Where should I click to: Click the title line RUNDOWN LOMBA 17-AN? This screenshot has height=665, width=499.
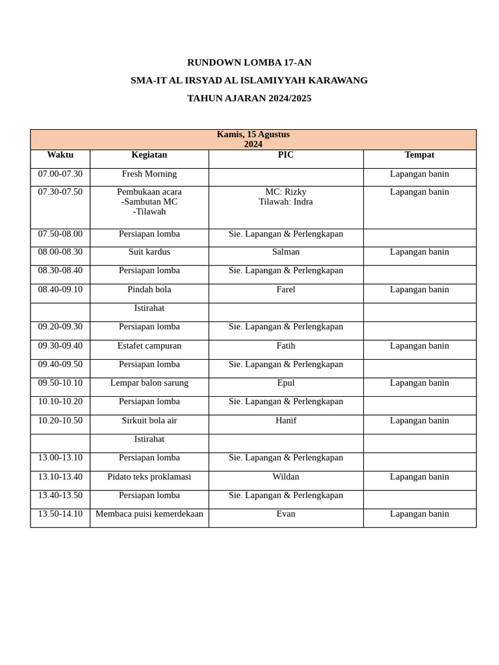[x=249, y=62]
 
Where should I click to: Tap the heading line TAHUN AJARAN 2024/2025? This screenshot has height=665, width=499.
[x=249, y=98]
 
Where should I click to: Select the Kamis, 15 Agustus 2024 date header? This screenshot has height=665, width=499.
[x=253, y=139]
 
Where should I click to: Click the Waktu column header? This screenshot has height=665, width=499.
[x=60, y=155]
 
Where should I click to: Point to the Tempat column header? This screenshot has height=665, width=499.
[x=419, y=155]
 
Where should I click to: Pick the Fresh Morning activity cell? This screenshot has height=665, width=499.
[x=149, y=174]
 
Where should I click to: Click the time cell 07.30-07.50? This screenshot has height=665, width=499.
[x=60, y=192]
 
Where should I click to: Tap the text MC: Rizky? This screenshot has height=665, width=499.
[x=285, y=192]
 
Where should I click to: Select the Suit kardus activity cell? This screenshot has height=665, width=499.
[x=149, y=252]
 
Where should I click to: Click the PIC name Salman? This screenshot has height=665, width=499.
[x=285, y=252]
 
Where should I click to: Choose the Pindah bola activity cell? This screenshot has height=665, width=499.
[x=149, y=290]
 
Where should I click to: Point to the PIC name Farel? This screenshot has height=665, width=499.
[x=285, y=290]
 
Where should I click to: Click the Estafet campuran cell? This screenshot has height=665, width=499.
[x=149, y=346]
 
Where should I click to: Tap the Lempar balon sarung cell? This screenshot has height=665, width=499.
[x=149, y=383]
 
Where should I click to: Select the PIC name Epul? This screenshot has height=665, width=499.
[x=285, y=383]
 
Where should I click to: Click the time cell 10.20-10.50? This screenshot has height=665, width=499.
[x=60, y=421]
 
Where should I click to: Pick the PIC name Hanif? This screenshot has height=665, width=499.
[x=285, y=421]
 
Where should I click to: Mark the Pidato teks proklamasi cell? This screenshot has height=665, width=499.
[x=149, y=477]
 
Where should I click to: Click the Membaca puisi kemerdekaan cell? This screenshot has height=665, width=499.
[x=149, y=514]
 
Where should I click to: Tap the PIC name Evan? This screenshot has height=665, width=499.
[x=285, y=514]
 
